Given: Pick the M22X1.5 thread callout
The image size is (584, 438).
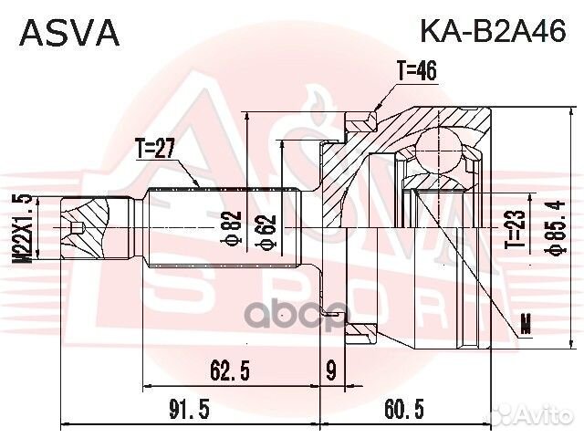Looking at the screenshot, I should [22, 228].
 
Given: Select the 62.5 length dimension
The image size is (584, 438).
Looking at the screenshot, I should [230, 369].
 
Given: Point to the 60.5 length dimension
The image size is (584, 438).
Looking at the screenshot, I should [402, 411].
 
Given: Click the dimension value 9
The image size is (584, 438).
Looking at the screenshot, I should [329, 369].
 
